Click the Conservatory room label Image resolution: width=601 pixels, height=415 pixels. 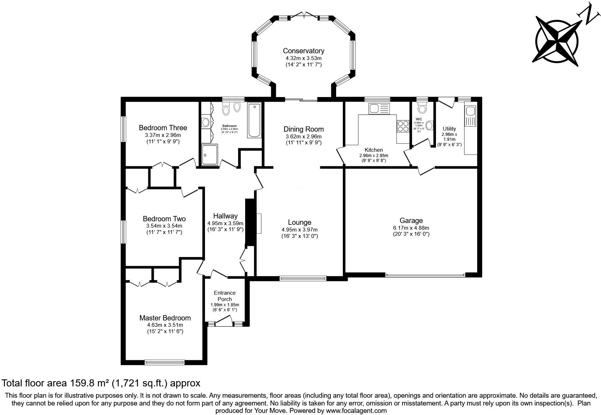[303, 51]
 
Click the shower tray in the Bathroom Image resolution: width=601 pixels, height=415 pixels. [210, 155]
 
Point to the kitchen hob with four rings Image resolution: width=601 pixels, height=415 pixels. [403, 126]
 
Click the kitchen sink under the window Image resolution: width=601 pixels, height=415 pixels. [379, 108]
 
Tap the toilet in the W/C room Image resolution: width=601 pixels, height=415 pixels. [422, 107]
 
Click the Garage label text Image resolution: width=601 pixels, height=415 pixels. [411, 221]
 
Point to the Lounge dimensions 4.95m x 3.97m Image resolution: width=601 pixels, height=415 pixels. [299, 230]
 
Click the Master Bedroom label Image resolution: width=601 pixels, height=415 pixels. [165, 318]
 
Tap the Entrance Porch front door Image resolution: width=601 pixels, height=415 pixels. [224, 321]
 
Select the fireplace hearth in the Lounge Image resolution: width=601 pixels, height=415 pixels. [259, 223]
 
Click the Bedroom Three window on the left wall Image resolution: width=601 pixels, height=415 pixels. [123, 129]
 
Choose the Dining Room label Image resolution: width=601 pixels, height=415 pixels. [303, 129]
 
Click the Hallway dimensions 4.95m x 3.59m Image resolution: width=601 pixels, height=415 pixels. [225, 223]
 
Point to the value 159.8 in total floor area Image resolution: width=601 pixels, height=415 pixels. [83, 383]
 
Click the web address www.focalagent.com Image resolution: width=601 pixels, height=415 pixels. [356, 410]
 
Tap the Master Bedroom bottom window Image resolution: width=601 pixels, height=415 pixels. [164, 362]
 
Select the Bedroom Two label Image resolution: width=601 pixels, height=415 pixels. [164, 219]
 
